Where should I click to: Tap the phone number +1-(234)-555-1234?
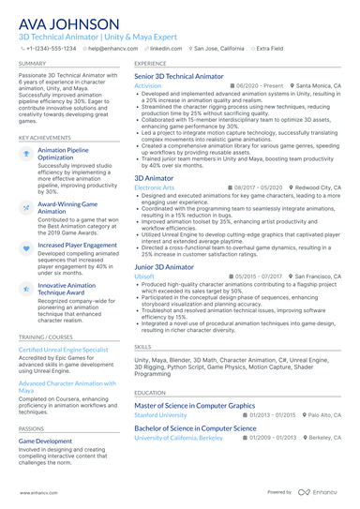[51, 47]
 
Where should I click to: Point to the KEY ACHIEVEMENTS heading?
[44, 137]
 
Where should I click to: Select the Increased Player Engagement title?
[76, 244]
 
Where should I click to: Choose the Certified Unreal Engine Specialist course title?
[64, 349]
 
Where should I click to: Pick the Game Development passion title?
[45, 440]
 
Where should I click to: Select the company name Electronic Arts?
[155, 187]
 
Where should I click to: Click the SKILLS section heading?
[142, 346]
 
